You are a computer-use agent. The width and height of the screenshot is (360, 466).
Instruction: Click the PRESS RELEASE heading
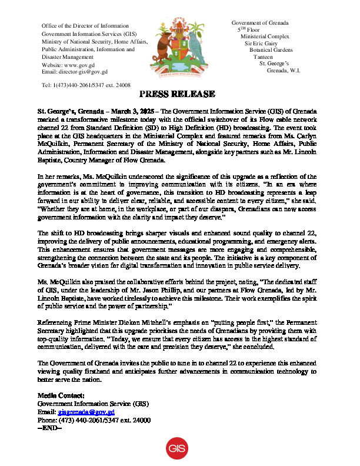click(176, 95)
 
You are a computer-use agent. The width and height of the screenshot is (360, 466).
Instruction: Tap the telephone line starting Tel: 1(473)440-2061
click(86, 86)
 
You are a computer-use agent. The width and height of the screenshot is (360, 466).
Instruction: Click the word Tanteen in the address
click(265, 57)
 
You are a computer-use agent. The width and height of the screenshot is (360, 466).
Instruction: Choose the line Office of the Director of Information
click(85, 26)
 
